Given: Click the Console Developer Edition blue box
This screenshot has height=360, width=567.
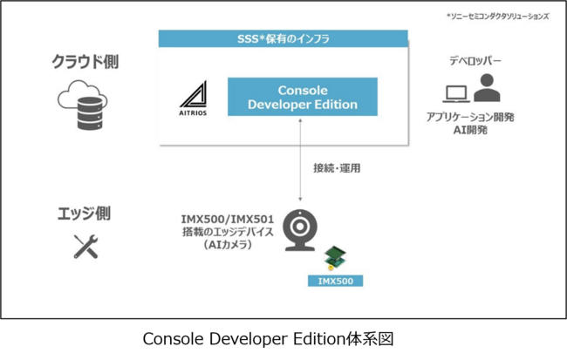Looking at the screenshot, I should [x=302, y=97].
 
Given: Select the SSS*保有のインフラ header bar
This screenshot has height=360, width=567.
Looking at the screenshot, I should [x=283, y=38].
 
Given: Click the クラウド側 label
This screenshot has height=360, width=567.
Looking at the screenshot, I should [x=85, y=63].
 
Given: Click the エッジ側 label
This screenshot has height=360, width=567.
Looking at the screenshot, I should [x=85, y=213].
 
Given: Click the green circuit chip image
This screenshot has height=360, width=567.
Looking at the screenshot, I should [x=334, y=259].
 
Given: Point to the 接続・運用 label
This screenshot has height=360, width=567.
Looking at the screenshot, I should [x=336, y=167].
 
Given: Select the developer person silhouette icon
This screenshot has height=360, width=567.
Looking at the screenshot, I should [x=487, y=87].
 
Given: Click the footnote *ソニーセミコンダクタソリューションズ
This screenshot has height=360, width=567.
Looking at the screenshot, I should [x=496, y=16].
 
